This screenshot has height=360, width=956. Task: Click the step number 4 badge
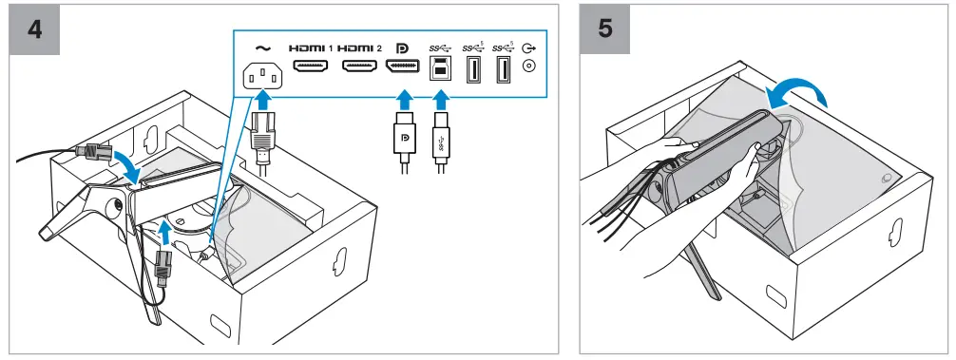(x=34, y=29)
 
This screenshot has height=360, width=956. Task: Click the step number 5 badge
(x=604, y=29)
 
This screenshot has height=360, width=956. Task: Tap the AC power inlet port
(x=263, y=76)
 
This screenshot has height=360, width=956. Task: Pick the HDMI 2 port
(x=358, y=66)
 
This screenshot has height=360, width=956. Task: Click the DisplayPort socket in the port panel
(x=402, y=66)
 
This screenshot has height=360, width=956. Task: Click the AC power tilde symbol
(x=263, y=47)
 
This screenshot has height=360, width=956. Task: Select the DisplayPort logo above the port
(x=402, y=47)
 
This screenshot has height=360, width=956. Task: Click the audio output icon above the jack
(x=529, y=47)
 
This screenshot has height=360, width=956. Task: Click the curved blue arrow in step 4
(x=132, y=164)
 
